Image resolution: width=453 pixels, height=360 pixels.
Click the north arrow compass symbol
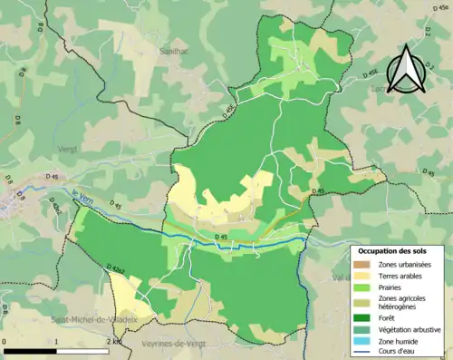coord(405,71)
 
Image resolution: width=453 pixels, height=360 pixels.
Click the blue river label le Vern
coord(82,192)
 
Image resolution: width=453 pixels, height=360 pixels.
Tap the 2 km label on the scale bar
coord(113,341)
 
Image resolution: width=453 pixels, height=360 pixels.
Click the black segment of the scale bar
coord(32,350)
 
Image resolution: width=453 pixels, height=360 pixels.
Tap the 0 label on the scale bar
coord(5,341)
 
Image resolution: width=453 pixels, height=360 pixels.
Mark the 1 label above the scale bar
coord(57,341)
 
